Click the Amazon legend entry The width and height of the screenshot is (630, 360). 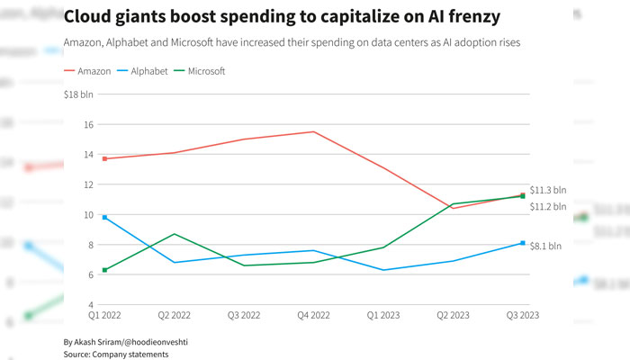click(90, 70)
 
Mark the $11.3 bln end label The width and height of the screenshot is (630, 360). click(548, 190)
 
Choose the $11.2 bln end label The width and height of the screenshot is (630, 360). click(548, 206)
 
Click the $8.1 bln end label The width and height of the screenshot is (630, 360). click(544, 245)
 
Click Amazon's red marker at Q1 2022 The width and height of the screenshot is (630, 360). click(105, 158)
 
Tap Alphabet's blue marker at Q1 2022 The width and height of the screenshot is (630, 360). click(105, 217)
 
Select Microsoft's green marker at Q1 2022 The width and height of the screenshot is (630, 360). click(105, 270)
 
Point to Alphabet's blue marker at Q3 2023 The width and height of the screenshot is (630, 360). click(522, 243)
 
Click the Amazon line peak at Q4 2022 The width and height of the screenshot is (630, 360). click(313, 131)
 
